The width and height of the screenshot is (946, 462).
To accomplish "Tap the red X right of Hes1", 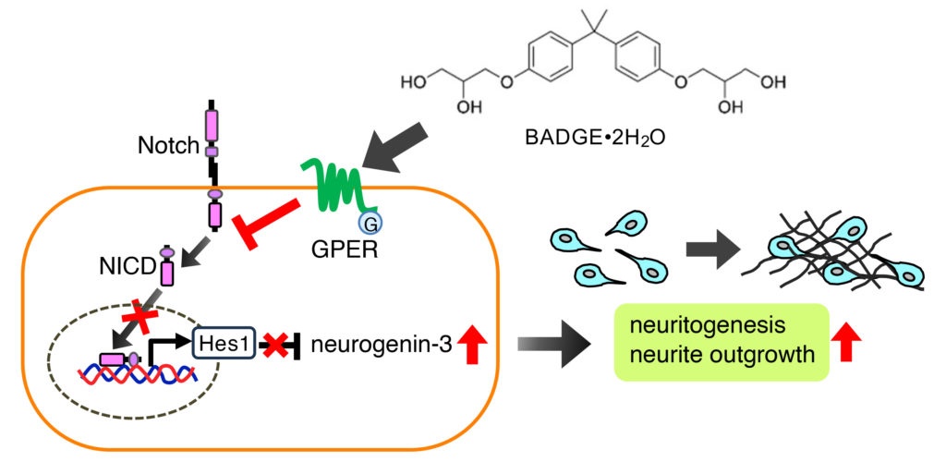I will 273,346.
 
